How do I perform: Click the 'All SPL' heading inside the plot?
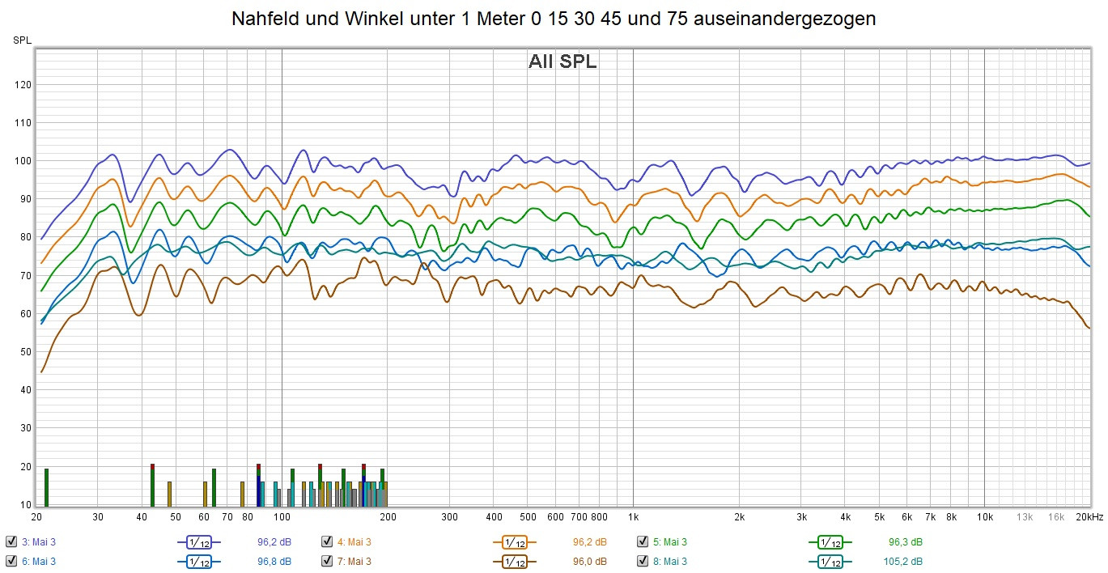562,62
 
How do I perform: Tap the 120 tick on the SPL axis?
23,85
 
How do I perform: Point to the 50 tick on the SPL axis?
23,352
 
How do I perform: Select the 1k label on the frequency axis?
633,516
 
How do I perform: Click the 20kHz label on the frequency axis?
1089,516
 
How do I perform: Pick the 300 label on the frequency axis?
450,516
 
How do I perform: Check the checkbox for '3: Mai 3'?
11,541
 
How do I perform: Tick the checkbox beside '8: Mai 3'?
643,561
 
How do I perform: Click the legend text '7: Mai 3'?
354,561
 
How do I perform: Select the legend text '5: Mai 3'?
670,541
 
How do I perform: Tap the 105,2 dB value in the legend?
905,561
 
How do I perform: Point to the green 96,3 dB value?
905,541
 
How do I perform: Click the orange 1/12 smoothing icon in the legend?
514,541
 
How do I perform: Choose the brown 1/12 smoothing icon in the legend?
514,561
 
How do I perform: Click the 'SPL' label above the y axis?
22,40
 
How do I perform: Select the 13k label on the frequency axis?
1025,516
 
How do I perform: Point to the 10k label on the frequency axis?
984,516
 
